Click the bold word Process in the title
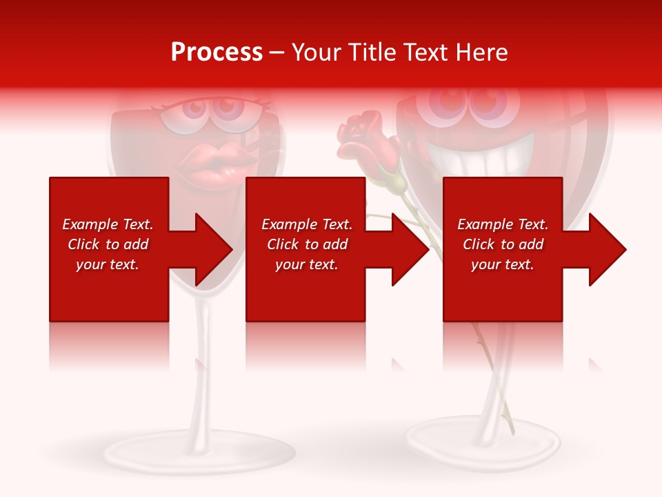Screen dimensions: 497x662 pos(217,52)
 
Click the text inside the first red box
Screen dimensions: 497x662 pos(108,244)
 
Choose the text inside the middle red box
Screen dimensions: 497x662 pos(306,244)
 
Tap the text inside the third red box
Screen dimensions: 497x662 pos(503,244)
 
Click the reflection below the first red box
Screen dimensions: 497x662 pos(109,345)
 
